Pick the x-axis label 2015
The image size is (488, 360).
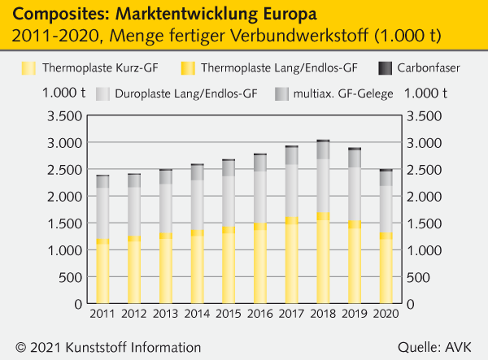point(229,314)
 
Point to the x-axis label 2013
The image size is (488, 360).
point(165,314)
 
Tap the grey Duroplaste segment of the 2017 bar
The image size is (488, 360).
point(291,191)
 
